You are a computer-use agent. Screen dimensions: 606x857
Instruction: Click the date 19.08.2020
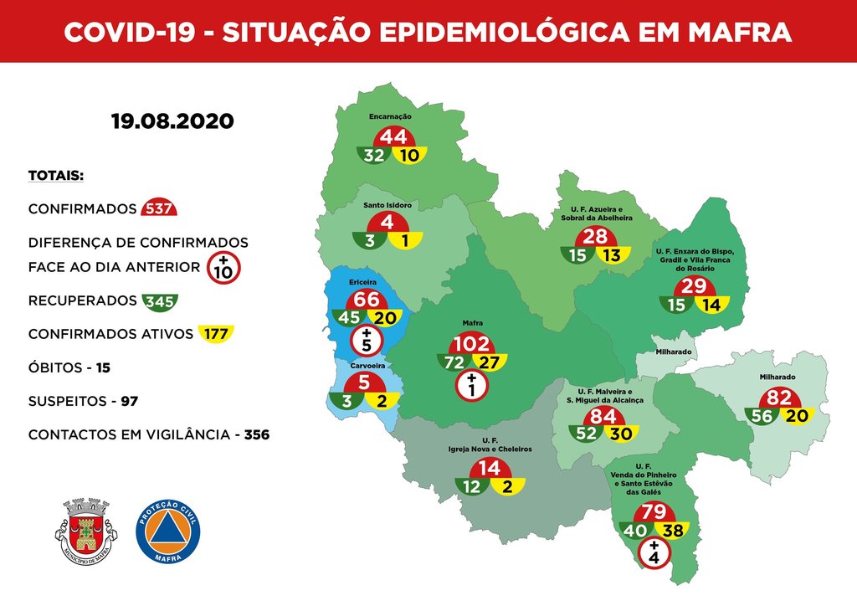[x=172, y=121]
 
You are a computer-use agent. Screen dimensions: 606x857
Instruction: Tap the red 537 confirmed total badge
[x=159, y=208]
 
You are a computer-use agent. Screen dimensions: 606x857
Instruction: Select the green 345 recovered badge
[x=159, y=300]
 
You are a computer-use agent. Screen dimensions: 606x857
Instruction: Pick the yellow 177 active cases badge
[x=215, y=334]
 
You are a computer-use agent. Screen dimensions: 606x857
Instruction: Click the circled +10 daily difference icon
[x=223, y=268]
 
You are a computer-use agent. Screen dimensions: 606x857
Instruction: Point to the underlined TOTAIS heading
[x=55, y=176]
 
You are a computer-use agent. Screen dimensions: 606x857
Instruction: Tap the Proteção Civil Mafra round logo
[x=168, y=531]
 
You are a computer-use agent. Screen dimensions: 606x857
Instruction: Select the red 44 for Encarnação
[x=393, y=136]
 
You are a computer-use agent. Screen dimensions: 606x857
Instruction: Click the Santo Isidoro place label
[x=387, y=204]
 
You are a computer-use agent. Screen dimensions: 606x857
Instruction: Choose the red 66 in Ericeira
[x=367, y=300]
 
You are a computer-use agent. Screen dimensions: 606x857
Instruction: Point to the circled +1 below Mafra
[x=473, y=386]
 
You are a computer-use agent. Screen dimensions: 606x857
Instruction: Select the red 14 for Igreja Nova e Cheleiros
[x=490, y=467]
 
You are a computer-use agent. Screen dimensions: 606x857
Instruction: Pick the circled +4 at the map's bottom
[x=654, y=553]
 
